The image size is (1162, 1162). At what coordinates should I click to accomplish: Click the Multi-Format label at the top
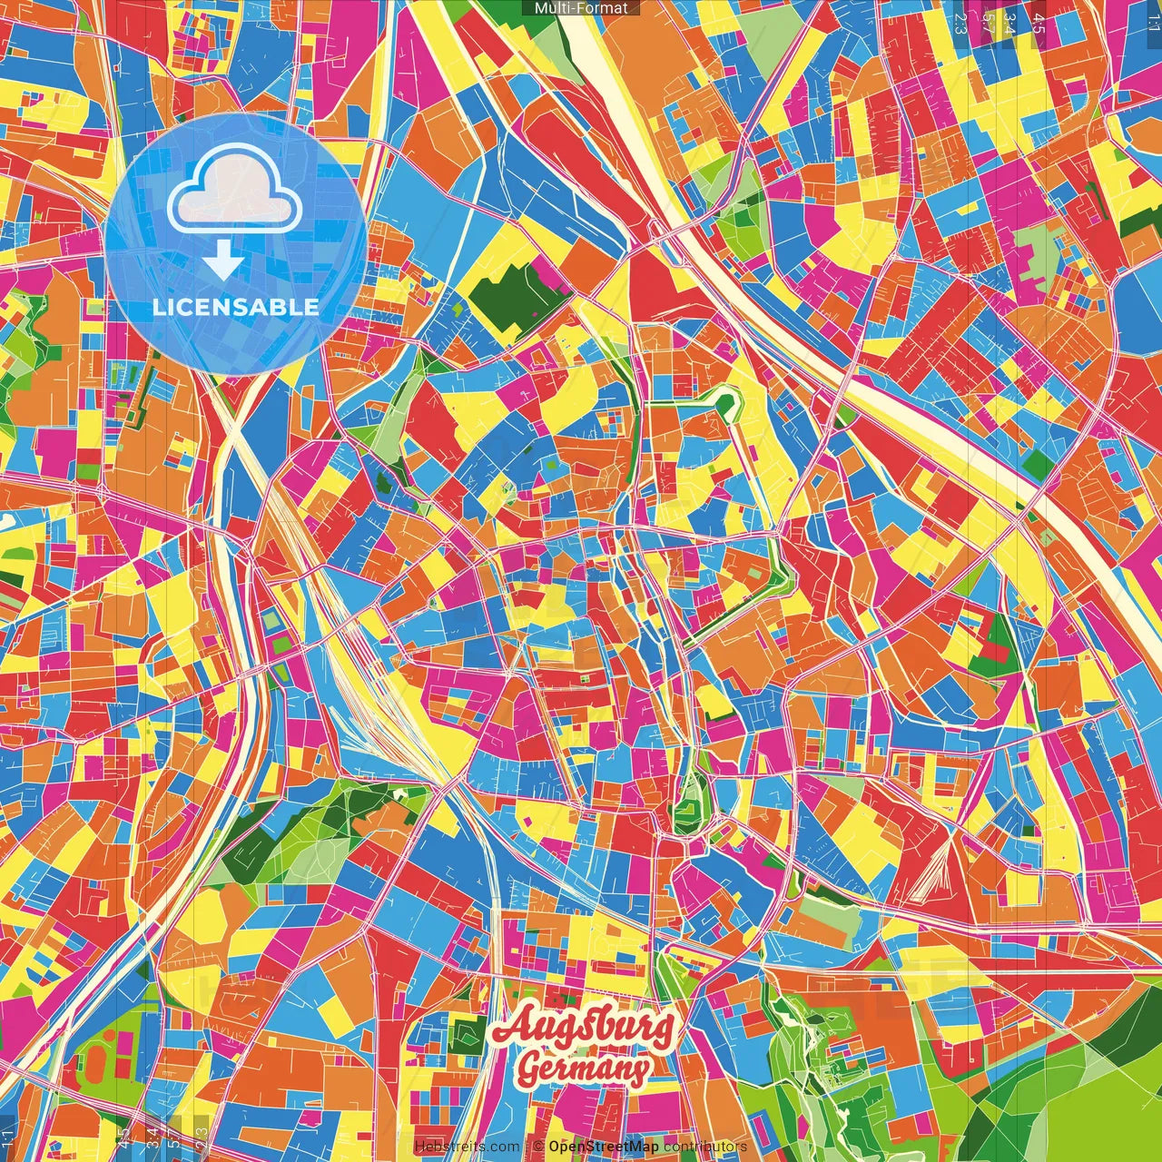[x=581, y=8]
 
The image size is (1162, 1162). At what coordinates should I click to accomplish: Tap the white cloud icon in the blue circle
[x=235, y=190]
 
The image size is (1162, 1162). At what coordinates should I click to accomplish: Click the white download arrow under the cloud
[x=222, y=261]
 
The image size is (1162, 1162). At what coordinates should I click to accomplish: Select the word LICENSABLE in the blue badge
[x=236, y=307]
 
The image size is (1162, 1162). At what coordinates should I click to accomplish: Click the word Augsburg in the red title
[x=584, y=1027]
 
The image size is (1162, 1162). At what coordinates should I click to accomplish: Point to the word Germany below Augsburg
[x=584, y=1068]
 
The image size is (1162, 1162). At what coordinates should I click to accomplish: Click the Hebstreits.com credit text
[x=467, y=1147]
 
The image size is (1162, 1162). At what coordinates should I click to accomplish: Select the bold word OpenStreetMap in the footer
[x=604, y=1147]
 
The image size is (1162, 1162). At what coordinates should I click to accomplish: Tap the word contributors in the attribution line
[x=705, y=1147]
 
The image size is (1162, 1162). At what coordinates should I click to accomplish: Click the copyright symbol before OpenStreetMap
[x=538, y=1147]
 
